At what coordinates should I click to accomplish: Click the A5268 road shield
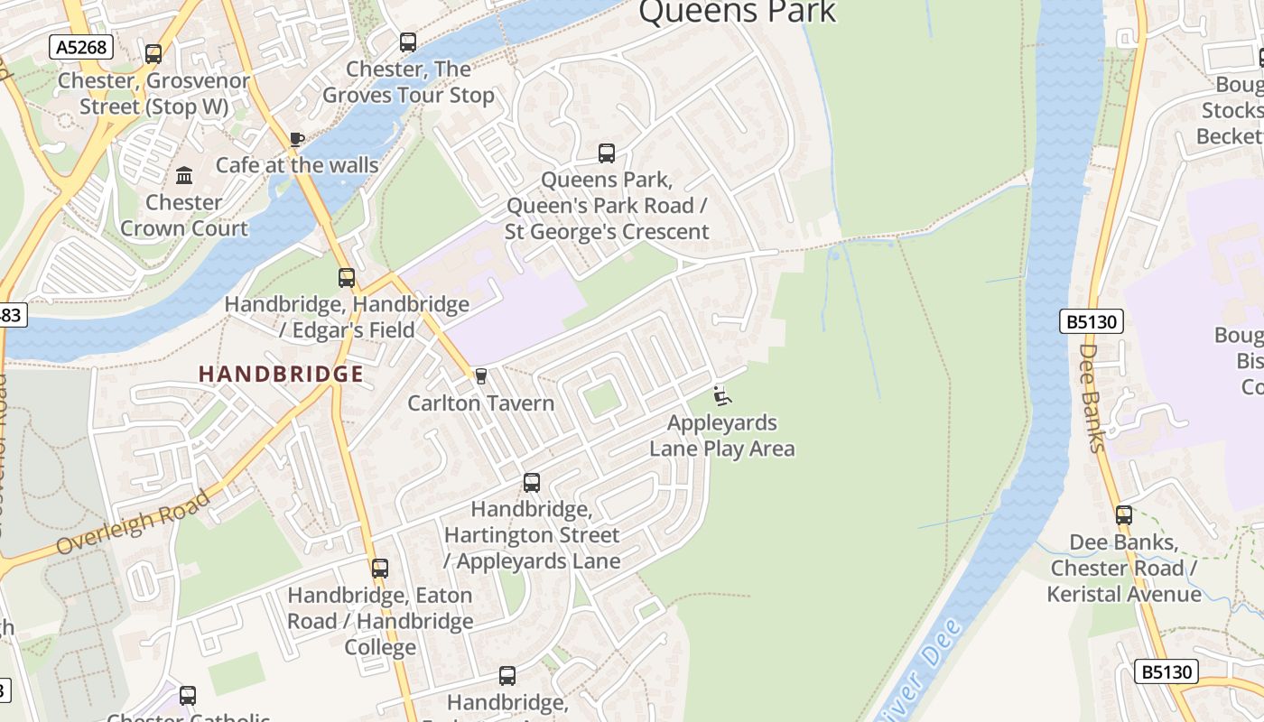81,47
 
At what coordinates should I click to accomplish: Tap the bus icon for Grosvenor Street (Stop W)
153,54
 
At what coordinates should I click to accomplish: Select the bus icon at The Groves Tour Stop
408,42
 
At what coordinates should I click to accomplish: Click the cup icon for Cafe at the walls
296,139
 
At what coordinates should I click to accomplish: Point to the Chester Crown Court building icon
184,175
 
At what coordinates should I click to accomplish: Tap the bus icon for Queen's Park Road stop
607,153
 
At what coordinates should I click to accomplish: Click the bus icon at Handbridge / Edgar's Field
347,278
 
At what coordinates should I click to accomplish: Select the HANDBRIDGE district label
281,374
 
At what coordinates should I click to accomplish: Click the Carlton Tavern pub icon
480,376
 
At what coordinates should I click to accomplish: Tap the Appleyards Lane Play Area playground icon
722,395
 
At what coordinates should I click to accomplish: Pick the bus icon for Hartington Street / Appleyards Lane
532,483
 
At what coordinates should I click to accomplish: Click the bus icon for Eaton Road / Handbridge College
380,569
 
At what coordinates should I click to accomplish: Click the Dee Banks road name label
1092,397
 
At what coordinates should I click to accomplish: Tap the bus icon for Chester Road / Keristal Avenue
1124,515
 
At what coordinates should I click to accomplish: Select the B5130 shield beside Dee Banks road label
1091,322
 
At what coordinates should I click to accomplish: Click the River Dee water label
916,668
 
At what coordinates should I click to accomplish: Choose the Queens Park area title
738,13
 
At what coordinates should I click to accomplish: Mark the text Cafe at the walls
297,165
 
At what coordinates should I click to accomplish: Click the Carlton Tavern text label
480,403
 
